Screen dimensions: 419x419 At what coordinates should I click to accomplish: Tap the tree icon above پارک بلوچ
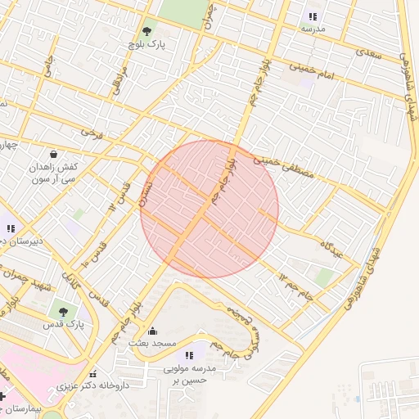click(146, 31)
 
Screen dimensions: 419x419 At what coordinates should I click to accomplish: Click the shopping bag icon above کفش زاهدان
click(53, 153)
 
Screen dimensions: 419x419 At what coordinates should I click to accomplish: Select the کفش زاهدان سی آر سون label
click(53, 172)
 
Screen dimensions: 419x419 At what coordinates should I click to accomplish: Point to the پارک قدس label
click(61, 325)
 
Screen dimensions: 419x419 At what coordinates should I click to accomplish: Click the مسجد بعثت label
click(152, 345)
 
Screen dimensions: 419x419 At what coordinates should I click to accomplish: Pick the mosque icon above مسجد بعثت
click(152, 331)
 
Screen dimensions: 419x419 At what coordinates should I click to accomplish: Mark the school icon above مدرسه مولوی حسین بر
click(190, 354)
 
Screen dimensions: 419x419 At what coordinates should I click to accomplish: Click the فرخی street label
click(88, 131)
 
